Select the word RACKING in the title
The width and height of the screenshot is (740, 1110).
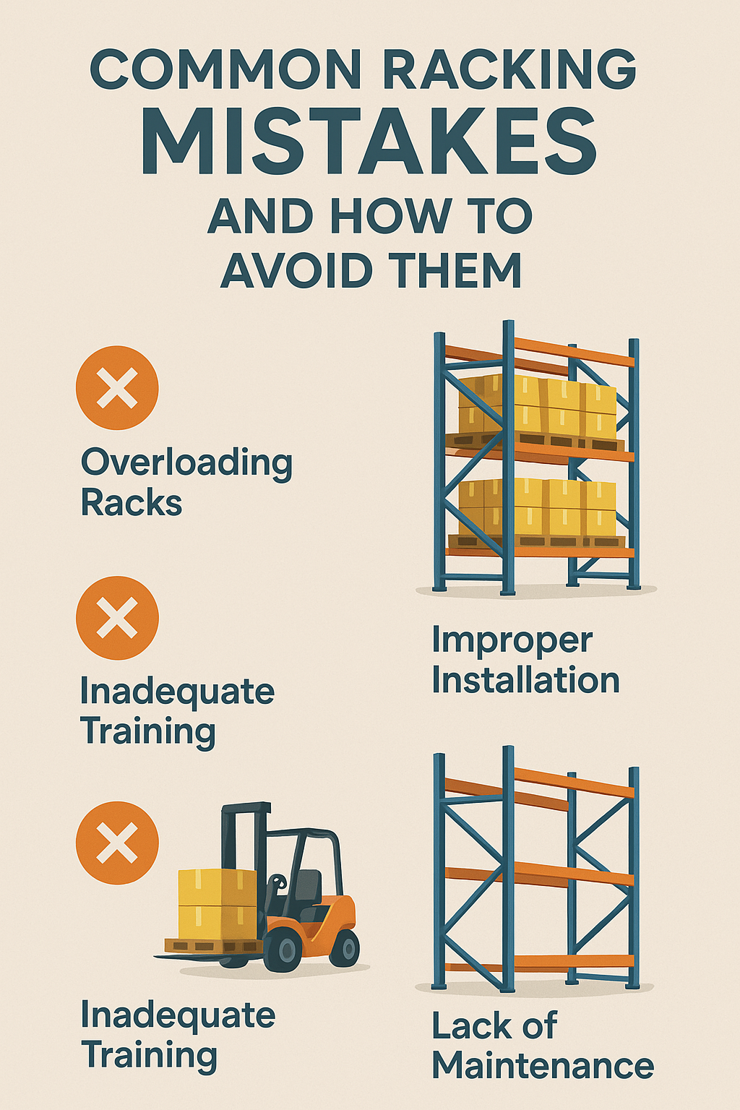(x=509, y=70)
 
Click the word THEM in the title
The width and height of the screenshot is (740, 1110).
(x=456, y=271)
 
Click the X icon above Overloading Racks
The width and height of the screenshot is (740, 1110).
(x=117, y=388)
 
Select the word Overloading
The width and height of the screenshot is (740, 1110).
(x=186, y=463)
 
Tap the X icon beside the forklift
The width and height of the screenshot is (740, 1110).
(x=117, y=843)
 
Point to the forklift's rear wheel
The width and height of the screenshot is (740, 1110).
(x=344, y=947)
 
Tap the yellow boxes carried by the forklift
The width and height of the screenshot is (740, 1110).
(x=217, y=903)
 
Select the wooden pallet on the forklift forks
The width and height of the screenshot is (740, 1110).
(x=212, y=945)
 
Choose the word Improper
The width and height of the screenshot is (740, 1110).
(x=512, y=641)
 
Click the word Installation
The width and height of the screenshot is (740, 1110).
(x=525, y=681)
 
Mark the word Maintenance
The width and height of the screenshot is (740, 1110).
(x=542, y=1066)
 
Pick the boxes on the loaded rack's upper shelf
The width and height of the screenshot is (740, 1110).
(x=538, y=406)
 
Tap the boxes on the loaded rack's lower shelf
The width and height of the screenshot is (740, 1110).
(x=538, y=508)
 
